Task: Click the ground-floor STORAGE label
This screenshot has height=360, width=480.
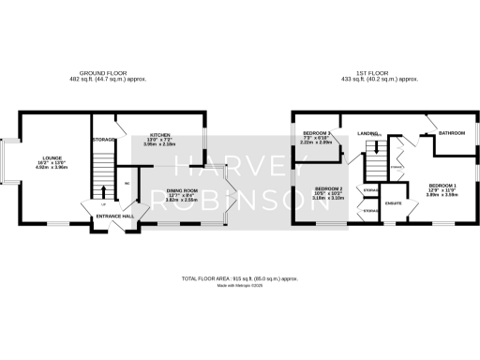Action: [103, 140]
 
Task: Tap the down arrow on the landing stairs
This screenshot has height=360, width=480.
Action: [377, 146]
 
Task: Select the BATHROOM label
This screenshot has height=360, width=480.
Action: [452, 133]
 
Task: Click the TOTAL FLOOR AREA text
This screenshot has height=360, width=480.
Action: [239, 278]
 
